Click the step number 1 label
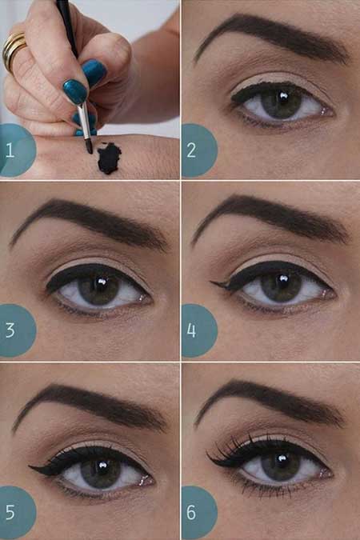pyautogui.click(x=10, y=150)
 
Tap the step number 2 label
pyautogui.click(x=191, y=150)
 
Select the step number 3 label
pyautogui.click(x=10, y=330)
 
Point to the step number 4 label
pyautogui.click(x=191, y=330)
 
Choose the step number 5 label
pyautogui.click(x=10, y=512)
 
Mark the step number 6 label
pyautogui.click(x=191, y=512)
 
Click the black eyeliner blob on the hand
pyautogui.click(x=109, y=158)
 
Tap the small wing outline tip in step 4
pyautogui.click(x=211, y=282)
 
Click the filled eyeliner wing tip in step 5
pyautogui.click(x=30, y=467)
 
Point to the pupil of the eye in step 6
pyautogui.click(x=282, y=463)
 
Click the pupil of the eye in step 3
pyautogui.click(x=101, y=286)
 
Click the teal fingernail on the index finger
pyautogui.click(x=75, y=91)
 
